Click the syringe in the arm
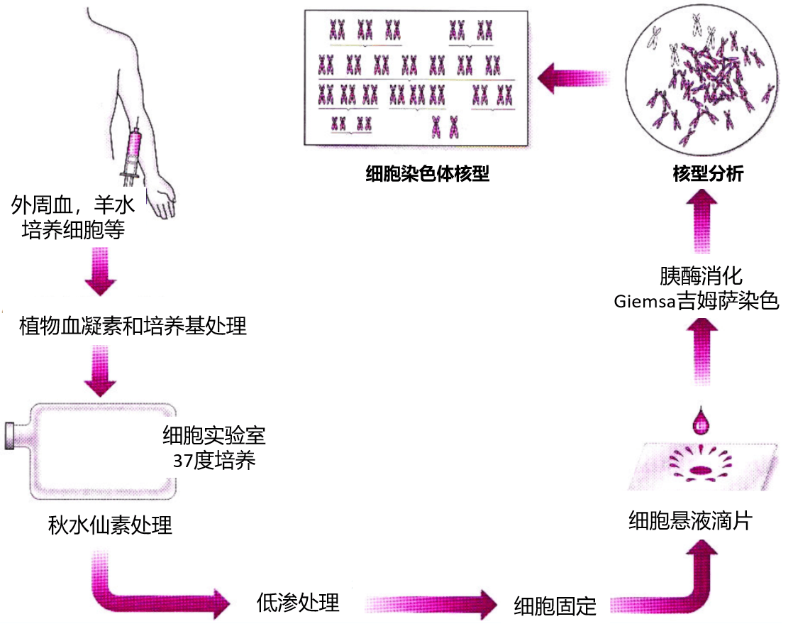[x=132, y=152]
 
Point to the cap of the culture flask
[x=12, y=436]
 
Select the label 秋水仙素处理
[x=110, y=526]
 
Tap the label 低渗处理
[x=298, y=603]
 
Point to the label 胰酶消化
[x=701, y=276]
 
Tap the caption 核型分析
[x=708, y=174]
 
